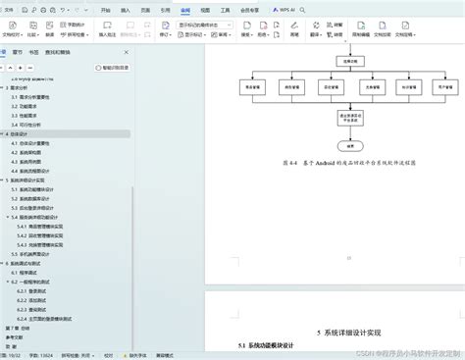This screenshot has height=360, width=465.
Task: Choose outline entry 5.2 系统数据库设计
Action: pyautogui.click(x=35, y=188)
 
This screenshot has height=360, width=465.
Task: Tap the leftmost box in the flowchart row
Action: pyautogui.click(x=252, y=86)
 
